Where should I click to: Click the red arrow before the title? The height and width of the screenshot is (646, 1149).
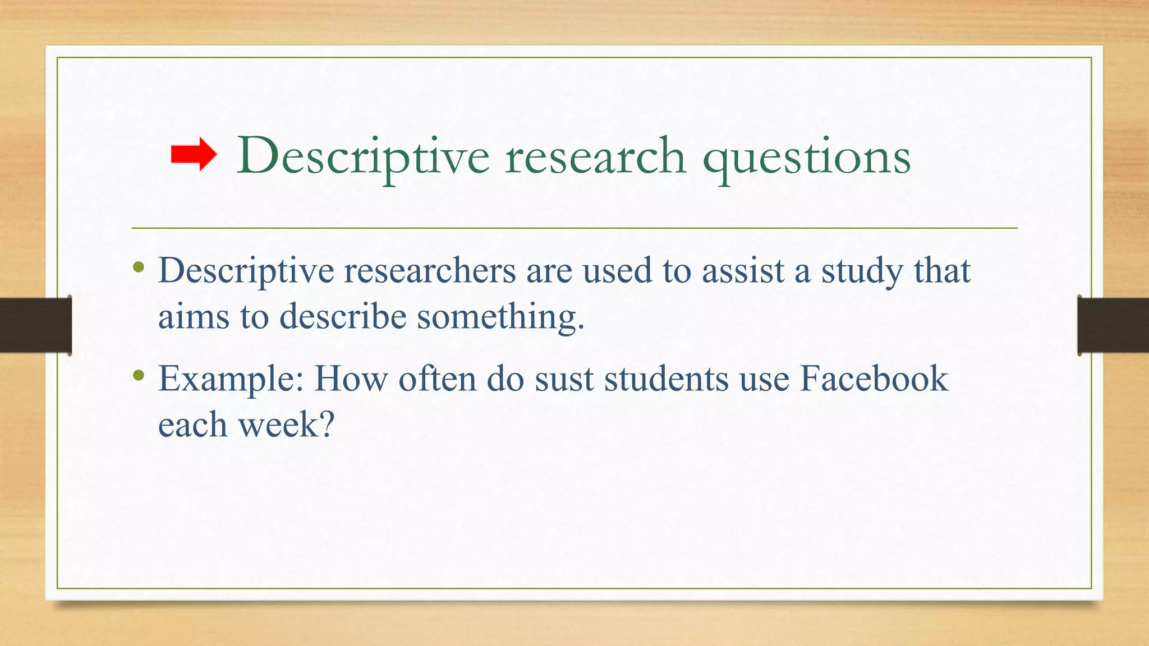click(194, 155)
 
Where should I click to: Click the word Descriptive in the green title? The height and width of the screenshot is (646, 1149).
click(362, 157)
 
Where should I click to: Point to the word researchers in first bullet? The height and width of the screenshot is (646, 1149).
click(429, 271)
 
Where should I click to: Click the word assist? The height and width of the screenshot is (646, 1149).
click(743, 271)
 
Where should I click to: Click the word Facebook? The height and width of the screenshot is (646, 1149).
click(874, 379)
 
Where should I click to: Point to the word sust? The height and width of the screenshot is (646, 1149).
click(564, 380)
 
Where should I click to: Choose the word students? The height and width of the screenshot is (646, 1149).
click(666, 379)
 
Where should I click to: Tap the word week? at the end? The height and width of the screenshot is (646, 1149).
click(287, 424)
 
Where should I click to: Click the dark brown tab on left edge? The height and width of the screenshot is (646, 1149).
click(35, 325)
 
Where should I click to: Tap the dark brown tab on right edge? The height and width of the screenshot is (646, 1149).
click(1113, 325)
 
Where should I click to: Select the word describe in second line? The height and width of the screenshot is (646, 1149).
click(343, 317)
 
